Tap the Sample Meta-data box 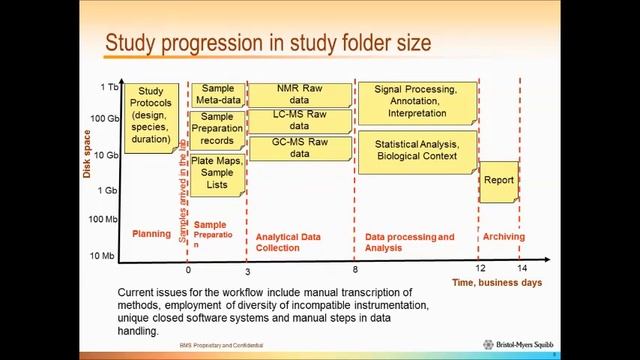(x=217, y=95)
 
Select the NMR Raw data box (x=300, y=95)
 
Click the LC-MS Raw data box (x=300, y=121)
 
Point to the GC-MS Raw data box (x=300, y=148)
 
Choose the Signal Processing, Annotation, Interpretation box (x=416, y=101)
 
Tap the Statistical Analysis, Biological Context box (x=416, y=152)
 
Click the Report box (x=499, y=181)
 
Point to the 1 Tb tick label (x=109, y=87)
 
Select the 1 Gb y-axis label (x=108, y=189)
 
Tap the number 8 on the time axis (x=355, y=270)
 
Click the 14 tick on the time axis (x=521, y=270)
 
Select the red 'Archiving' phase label (x=503, y=236)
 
